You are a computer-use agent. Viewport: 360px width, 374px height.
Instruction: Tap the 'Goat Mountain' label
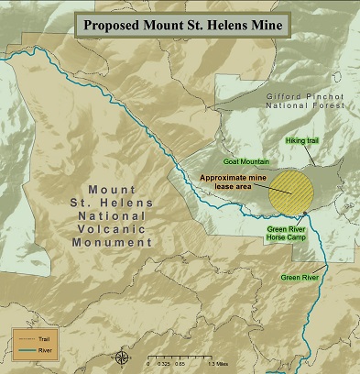(x=243, y=159)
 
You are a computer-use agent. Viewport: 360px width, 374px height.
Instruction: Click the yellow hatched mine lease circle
(x=291, y=189)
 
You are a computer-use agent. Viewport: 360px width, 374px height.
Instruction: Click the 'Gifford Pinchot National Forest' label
(x=298, y=100)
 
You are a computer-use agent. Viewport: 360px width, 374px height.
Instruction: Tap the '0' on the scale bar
(x=148, y=363)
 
